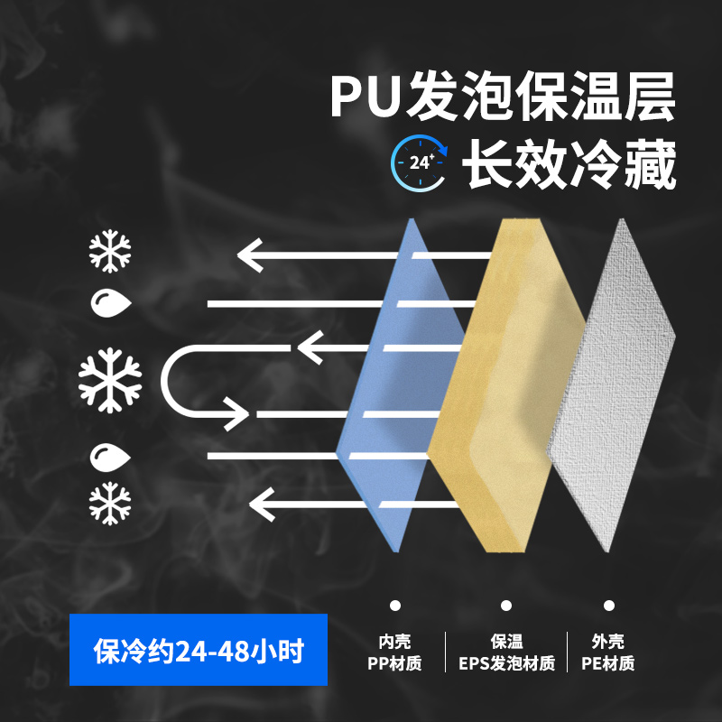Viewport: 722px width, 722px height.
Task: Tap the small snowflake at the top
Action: pos(110,252)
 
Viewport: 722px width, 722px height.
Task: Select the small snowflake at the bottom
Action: pos(110,503)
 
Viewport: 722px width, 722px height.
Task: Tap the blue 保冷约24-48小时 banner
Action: pos(199,651)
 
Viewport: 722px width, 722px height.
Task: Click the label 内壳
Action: pos(394,642)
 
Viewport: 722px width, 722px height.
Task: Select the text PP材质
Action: pos(394,664)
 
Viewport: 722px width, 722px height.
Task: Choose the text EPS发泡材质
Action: pos(506,664)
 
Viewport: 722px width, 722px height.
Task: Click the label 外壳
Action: pos(608,642)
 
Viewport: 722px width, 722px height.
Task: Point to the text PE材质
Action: pos(608,664)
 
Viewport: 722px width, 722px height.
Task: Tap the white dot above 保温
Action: pos(506,606)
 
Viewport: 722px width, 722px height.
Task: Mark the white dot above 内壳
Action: pos(394,606)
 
